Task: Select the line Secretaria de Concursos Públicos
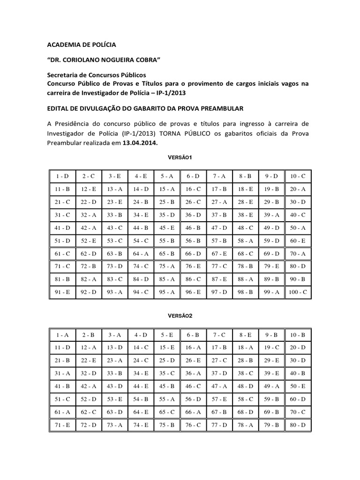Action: (97, 75)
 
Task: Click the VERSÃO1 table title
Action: (180, 158)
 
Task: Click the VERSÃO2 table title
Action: (180, 315)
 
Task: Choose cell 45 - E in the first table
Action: (166, 228)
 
